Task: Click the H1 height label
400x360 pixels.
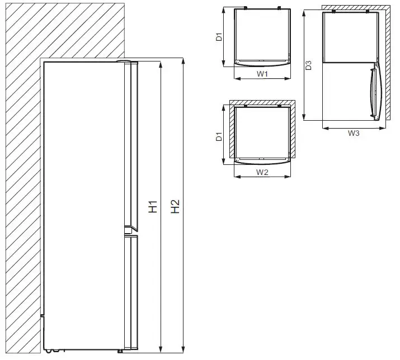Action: coord(153,207)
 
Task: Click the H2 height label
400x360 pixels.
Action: coord(175,207)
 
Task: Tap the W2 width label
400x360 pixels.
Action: coord(262,172)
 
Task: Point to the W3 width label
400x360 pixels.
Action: coord(354,133)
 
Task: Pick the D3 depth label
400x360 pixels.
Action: coord(308,65)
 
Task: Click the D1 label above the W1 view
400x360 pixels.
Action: coord(219,38)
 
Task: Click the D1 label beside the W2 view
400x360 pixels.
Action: coord(219,136)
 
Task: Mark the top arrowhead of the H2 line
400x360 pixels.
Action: coord(183,60)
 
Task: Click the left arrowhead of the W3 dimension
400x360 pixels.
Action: coord(325,128)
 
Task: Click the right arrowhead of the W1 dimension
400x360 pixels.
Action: coord(290,78)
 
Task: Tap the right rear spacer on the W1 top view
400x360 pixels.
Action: coord(279,8)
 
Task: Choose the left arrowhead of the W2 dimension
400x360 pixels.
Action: coord(237,177)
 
